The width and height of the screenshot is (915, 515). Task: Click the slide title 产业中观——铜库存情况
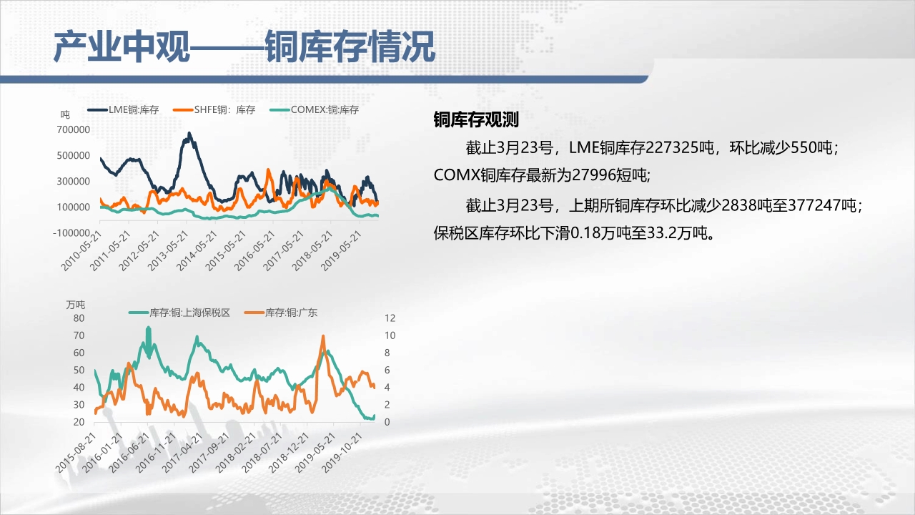[244, 47]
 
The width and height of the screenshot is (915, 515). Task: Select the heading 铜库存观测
[476, 119]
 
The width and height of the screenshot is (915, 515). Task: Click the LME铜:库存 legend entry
[123, 109]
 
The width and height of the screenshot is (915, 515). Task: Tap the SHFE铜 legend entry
[214, 109]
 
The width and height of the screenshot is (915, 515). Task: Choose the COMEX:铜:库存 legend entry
[314, 109]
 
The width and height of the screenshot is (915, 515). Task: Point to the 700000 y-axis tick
[74, 129]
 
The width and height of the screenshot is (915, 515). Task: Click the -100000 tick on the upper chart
[71, 233]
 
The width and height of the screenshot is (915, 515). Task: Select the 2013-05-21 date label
[168, 250]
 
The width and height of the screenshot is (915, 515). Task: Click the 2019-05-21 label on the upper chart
[341, 250]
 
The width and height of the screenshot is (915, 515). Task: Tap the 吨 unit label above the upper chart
[65, 114]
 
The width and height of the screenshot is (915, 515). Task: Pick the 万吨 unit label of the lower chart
[76, 305]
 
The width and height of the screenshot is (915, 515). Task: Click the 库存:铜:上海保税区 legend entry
[179, 313]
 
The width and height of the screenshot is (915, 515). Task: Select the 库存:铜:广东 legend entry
[281, 313]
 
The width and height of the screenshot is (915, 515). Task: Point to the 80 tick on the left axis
[79, 318]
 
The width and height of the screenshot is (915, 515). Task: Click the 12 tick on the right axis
[390, 318]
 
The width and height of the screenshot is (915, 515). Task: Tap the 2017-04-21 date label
[182, 453]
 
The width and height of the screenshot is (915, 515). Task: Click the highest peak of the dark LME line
[189, 133]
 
